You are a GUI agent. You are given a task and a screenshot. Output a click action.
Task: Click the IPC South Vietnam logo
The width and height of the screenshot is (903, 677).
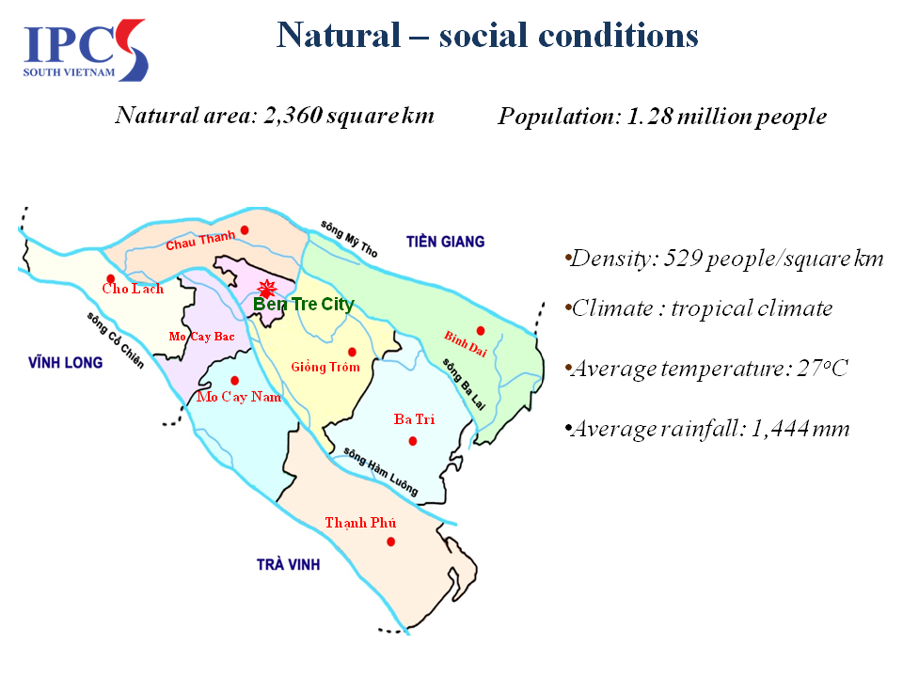[86, 50]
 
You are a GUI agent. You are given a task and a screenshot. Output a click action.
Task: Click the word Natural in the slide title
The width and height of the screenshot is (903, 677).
[339, 36]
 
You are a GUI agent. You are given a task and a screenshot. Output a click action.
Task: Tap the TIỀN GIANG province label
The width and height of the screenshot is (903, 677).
[445, 242]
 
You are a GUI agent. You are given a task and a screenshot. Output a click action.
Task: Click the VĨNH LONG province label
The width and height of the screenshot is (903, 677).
[66, 362]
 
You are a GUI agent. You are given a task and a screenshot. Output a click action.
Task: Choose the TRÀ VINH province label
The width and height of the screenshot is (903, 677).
[288, 564]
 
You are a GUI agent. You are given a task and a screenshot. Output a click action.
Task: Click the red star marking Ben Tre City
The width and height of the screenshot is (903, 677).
[266, 288]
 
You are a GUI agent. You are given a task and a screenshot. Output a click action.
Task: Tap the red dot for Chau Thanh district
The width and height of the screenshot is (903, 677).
[245, 230]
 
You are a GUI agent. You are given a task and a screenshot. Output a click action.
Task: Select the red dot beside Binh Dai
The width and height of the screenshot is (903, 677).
[481, 330]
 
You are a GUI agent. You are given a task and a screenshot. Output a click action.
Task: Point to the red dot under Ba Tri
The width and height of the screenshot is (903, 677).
[412, 441]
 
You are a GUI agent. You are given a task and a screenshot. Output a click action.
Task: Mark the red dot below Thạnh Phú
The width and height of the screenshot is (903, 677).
[391, 542]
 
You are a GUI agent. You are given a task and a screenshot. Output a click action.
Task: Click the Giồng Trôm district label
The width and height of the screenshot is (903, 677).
[325, 367]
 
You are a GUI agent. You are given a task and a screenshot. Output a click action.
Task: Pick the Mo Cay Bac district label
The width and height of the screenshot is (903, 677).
[201, 337]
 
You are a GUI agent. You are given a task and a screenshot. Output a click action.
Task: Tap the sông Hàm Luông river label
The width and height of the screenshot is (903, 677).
[381, 471]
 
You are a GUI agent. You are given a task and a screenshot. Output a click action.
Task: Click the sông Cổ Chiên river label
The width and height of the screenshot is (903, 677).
[115, 339]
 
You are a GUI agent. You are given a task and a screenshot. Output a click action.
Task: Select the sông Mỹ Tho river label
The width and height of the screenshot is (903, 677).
[349, 238]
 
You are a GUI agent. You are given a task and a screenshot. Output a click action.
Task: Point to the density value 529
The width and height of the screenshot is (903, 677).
[683, 259]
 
